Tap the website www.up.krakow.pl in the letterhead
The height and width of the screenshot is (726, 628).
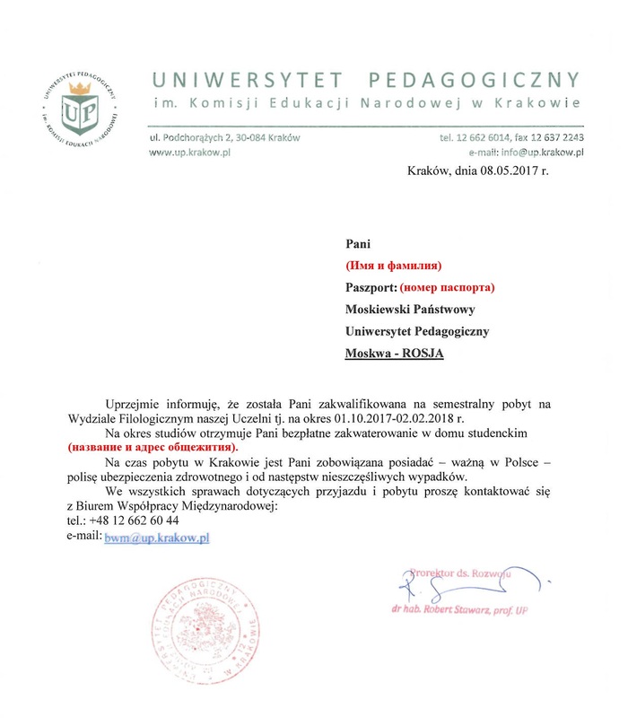(190, 153)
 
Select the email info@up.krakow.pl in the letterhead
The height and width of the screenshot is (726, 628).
(536, 153)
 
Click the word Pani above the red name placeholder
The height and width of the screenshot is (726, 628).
(358, 243)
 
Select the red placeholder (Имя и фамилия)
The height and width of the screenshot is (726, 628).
(395, 266)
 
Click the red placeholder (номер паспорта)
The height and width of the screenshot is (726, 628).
(448, 288)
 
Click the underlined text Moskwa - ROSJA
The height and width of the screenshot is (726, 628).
(395, 354)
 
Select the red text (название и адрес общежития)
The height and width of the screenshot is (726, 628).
(153, 446)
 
